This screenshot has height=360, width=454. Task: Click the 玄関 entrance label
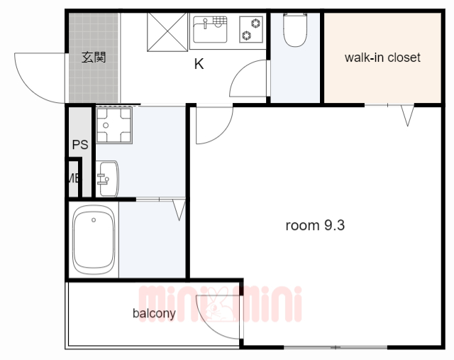point(94,58)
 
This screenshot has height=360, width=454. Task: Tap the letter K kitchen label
point(199,64)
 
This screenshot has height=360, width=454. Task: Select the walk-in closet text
point(382,58)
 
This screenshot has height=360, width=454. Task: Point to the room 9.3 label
point(315,225)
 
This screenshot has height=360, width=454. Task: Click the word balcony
point(154,313)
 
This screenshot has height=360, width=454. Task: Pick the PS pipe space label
point(80,144)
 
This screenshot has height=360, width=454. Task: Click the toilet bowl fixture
point(295,30)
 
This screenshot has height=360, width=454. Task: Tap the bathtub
point(93,240)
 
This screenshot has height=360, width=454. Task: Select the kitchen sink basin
point(210,30)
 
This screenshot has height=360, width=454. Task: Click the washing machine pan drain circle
point(106,125)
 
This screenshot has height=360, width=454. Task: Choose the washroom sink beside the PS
point(107,178)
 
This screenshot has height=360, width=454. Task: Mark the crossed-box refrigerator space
point(167,32)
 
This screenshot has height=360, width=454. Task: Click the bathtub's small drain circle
point(94,220)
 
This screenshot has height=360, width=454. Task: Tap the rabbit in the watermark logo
point(216,305)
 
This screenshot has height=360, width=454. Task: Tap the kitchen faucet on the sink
point(205,23)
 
